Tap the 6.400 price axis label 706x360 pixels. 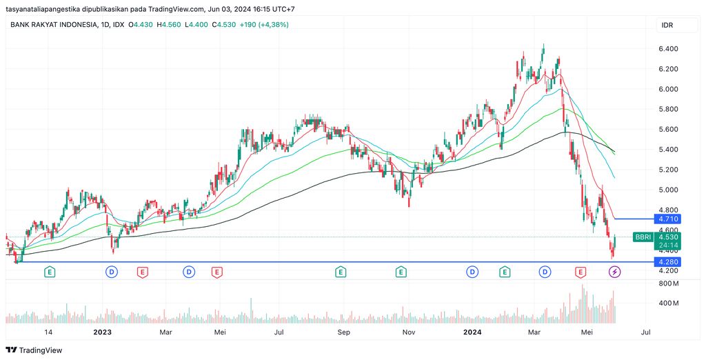click(668, 49)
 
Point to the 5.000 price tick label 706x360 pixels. click(668, 190)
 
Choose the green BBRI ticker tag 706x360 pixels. click(643, 237)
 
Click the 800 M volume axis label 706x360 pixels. click(669, 283)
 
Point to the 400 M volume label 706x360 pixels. click(669, 303)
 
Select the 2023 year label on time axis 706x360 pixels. click(102, 332)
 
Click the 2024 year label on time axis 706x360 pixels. click(472, 332)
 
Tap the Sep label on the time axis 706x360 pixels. click(344, 332)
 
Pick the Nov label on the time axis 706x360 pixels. click(409, 332)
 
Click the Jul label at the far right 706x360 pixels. click(646, 332)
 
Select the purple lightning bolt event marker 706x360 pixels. click(614, 272)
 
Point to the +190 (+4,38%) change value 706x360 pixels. click(264, 25)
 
